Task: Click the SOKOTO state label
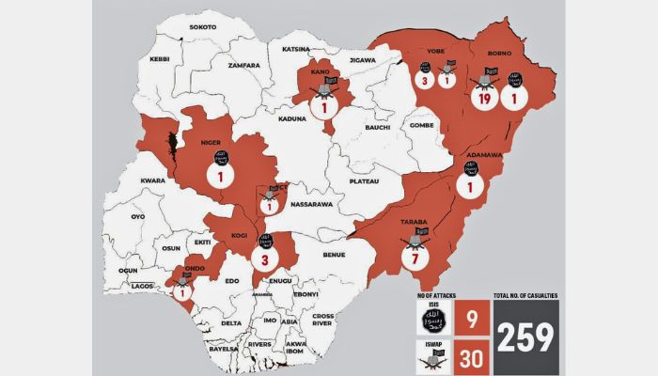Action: click(x=202, y=27)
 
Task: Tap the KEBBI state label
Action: click(x=159, y=58)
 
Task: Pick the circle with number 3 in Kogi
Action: click(x=265, y=259)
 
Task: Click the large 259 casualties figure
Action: click(x=526, y=336)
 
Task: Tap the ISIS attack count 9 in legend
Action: click(x=470, y=319)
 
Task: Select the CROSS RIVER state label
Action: click(x=322, y=320)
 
